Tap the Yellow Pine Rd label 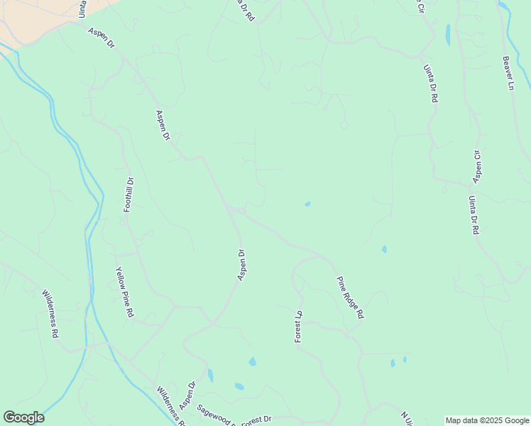[125, 292]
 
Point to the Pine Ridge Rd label [350, 297]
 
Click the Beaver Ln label [508, 73]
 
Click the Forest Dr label [256, 420]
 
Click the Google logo [23, 417]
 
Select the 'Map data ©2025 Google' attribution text [487, 420]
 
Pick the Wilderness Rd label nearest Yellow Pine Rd [50, 313]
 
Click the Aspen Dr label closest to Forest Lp [241, 264]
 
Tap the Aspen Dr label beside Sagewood [187, 395]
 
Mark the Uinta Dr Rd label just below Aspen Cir [473, 215]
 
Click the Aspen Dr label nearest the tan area [101, 38]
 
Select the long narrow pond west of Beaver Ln [447, 34]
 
